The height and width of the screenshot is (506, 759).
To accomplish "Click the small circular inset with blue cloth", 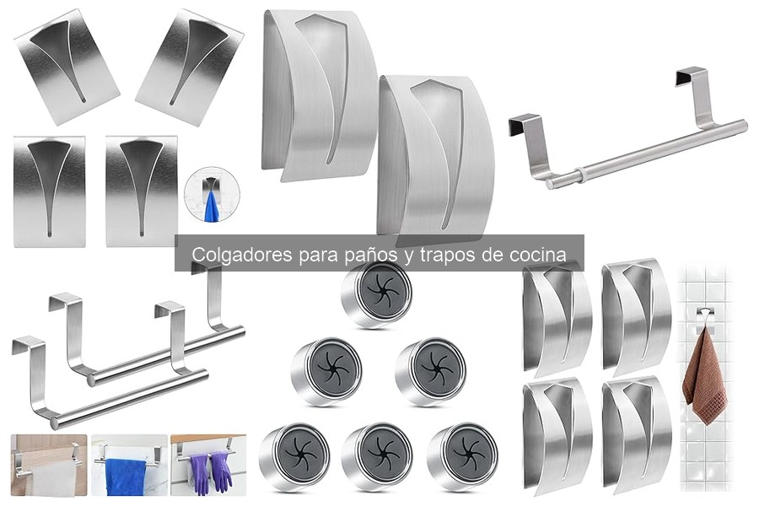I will coord(212,196).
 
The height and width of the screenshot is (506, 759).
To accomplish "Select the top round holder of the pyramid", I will coord(377,293).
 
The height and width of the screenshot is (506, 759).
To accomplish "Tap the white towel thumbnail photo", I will coord(48,466).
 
